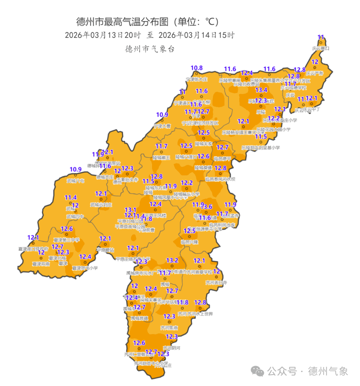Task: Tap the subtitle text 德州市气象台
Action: (x=150, y=49)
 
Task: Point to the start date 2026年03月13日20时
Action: (x=103, y=35)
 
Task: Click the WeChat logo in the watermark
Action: (x=257, y=371)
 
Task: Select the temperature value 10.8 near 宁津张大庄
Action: (x=197, y=68)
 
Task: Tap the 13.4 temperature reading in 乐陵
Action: (x=261, y=90)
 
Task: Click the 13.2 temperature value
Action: (x=172, y=260)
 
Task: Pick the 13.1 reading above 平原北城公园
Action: (x=130, y=210)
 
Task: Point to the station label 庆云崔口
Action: (x=321, y=48)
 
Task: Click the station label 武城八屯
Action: (x=75, y=181)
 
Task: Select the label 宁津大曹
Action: (x=162, y=126)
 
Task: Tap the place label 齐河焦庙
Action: (x=169, y=328)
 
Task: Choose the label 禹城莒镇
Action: (x=139, y=318)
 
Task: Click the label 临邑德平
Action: (x=222, y=159)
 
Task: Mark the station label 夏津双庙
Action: (x=41, y=264)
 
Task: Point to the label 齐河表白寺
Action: (x=216, y=283)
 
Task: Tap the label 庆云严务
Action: (x=315, y=73)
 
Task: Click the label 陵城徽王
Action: (x=161, y=157)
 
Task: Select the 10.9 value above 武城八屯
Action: (x=76, y=169)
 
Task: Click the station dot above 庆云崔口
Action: (x=321, y=43)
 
